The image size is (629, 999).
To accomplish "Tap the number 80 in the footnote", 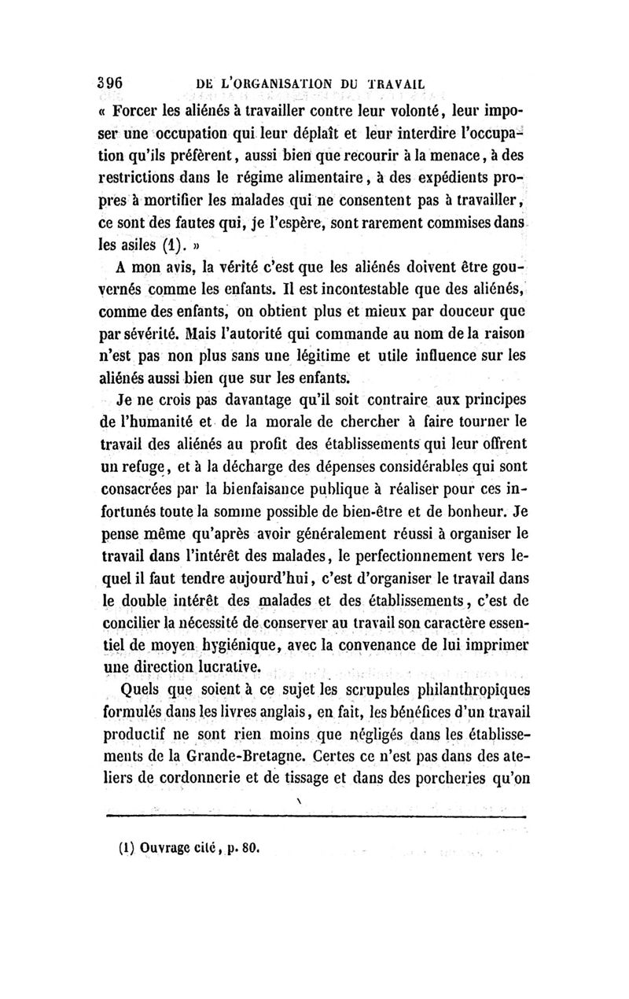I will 250,850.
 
